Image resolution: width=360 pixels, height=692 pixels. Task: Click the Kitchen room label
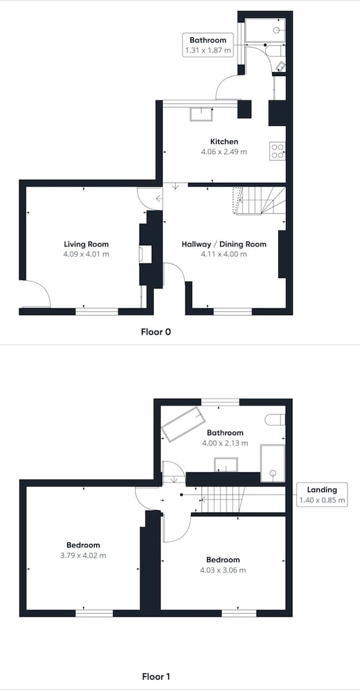point(224,142)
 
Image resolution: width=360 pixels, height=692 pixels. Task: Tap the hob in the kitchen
point(278,151)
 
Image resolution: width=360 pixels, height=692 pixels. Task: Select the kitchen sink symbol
point(201,114)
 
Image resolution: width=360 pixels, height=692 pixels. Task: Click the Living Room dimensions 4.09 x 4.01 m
point(86,254)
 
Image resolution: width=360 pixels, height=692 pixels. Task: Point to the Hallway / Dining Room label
point(224,244)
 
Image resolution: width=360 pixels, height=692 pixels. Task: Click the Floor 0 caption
point(156,332)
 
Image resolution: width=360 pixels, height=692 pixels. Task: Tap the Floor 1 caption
point(156,676)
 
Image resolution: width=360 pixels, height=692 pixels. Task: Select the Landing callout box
point(322,495)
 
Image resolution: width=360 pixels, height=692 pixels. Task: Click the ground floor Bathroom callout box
point(208,45)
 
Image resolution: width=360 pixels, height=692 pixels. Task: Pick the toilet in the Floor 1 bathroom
point(275,420)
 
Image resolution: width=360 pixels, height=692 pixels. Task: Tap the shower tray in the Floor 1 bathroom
point(273,464)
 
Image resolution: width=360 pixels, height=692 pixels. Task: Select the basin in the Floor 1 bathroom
point(226,465)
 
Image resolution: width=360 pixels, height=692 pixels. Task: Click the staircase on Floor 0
point(260,201)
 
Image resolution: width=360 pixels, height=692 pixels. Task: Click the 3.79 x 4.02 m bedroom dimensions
point(83,555)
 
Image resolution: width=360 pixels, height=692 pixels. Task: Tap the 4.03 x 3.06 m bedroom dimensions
point(223,570)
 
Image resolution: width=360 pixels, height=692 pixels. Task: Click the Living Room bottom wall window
point(97,311)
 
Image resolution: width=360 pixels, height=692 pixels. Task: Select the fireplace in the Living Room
point(146,255)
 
